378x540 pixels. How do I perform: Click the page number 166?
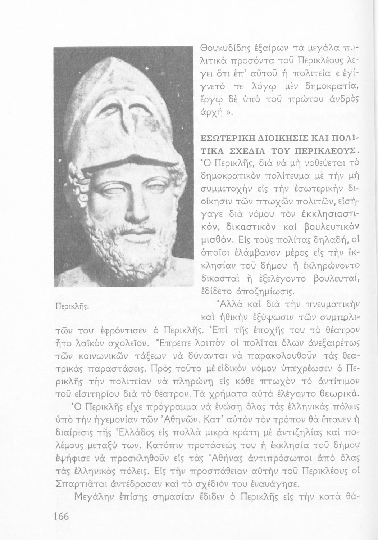pos(61,516)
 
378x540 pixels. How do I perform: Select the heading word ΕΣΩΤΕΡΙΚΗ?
pos(226,138)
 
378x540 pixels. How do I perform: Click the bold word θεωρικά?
pos(337,394)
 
